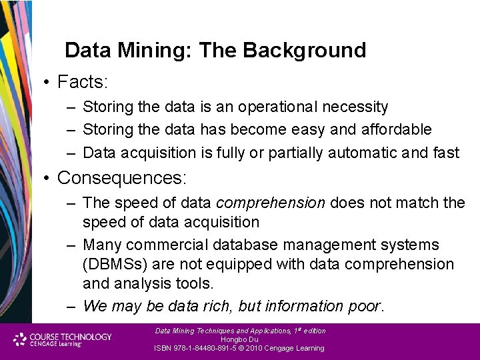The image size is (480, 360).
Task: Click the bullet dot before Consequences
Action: (x=47, y=179)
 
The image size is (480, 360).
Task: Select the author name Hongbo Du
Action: (x=239, y=339)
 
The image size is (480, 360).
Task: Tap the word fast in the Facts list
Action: (x=446, y=153)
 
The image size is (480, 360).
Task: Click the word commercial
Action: (x=159, y=245)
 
